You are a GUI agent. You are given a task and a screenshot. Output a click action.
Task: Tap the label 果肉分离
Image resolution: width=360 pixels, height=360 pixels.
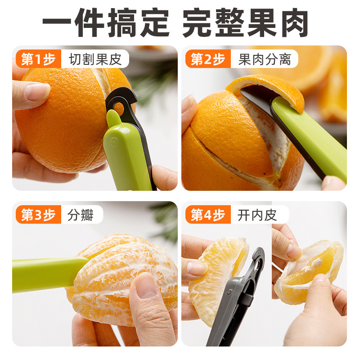tap(265, 59)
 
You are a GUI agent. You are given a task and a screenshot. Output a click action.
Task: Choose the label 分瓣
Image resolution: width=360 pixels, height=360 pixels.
tap(81, 215)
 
